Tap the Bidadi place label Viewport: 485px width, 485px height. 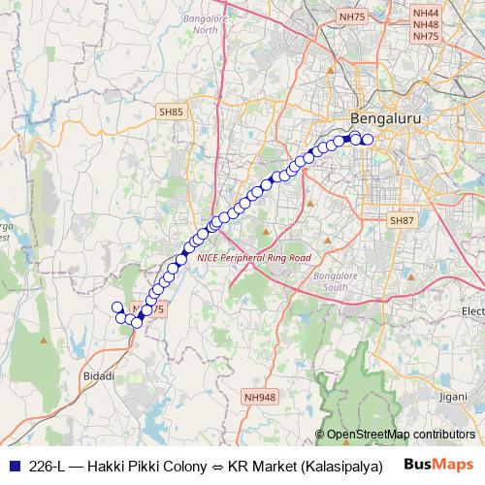(x=100, y=374)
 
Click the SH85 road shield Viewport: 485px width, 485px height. (x=171, y=113)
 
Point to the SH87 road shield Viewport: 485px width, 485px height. (x=401, y=221)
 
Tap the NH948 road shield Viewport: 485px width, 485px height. (x=260, y=396)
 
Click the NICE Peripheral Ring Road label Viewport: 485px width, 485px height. (x=253, y=259)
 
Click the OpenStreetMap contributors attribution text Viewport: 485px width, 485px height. (x=400, y=435)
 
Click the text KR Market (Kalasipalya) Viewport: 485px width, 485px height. (x=304, y=466)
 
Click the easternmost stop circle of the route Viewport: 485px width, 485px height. (x=368, y=140)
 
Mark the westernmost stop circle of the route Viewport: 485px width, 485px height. (x=117, y=307)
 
